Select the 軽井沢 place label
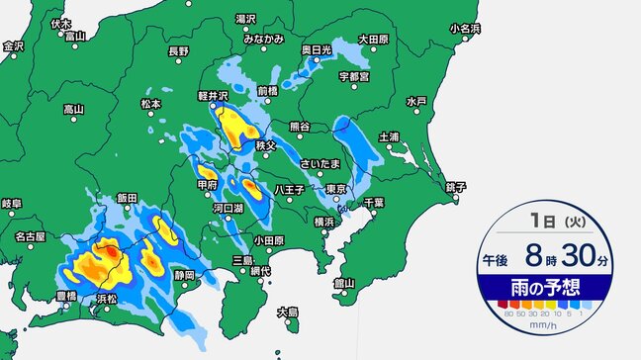[214, 98]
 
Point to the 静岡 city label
[184, 274]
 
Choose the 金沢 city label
[13, 45]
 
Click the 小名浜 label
[464, 29]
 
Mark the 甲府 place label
[207, 185]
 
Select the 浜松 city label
[107, 297]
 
